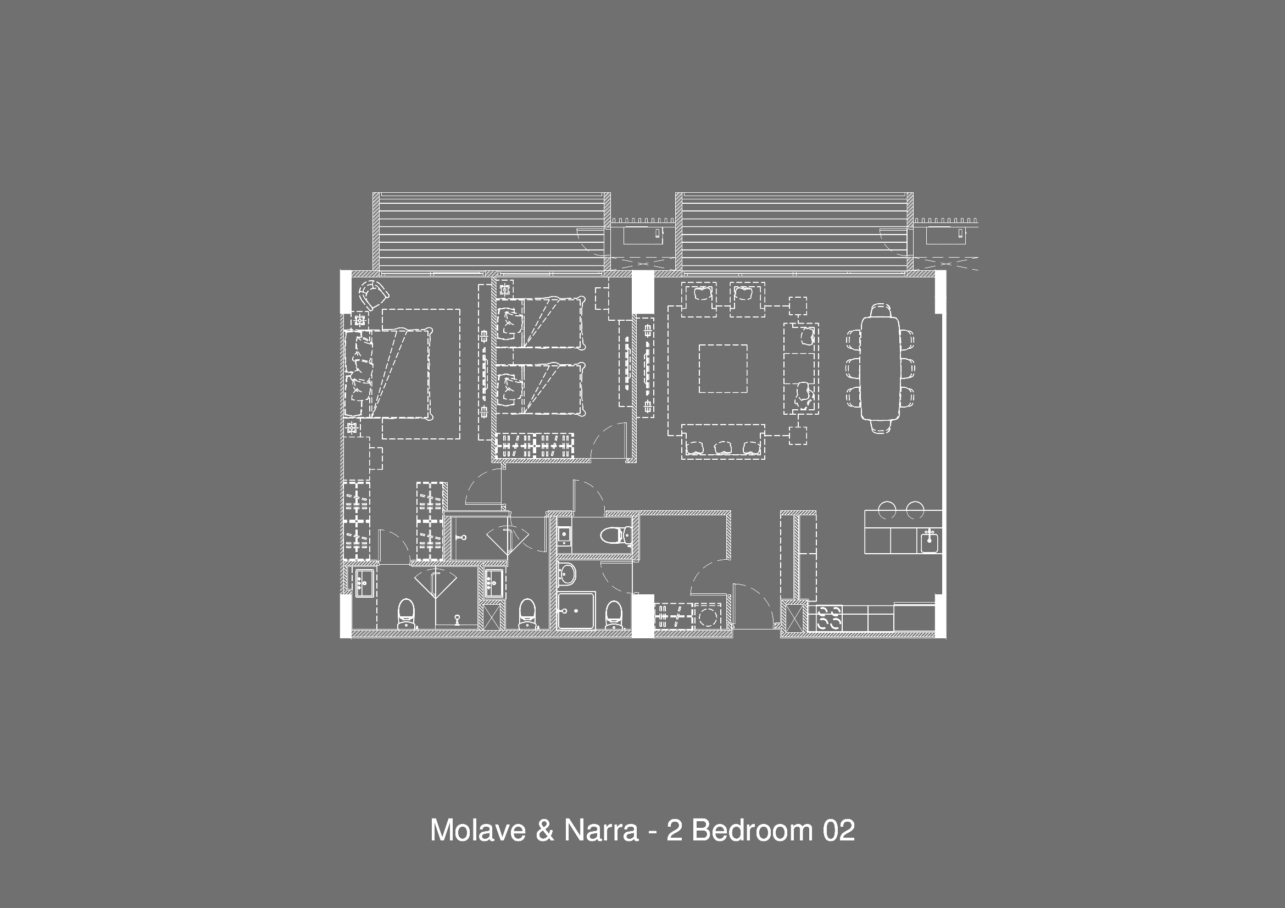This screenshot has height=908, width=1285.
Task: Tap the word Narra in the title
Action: click(601, 830)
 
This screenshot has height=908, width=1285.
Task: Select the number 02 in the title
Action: click(838, 830)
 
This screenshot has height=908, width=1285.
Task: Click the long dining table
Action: click(880, 367)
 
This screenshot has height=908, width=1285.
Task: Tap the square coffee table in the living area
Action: click(722, 369)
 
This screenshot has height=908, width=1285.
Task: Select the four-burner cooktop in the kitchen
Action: click(829, 618)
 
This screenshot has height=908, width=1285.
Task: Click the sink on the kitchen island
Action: click(930, 541)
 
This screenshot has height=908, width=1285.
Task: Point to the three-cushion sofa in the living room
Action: click(723, 442)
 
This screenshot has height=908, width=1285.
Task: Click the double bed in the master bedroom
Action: click(388, 373)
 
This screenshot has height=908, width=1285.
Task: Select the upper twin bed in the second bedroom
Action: click(541, 322)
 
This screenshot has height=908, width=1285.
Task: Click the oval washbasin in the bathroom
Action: click(567, 574)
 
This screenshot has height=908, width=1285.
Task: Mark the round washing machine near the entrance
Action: click(708, 617)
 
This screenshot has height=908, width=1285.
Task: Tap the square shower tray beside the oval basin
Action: click(576, 611)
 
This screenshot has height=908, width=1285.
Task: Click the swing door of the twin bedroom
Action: click(609, 441)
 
